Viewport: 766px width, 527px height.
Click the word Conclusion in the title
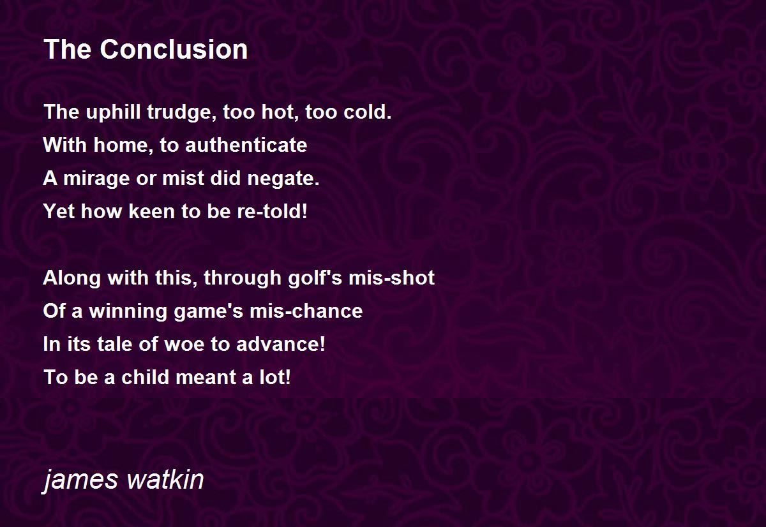coord(174,49)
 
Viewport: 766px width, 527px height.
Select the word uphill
coord(113,112)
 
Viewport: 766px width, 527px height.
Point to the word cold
coord(367,112)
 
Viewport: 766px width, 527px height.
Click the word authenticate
coord(246,145)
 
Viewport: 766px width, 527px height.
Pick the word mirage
coord(96,179)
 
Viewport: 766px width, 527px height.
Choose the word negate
coord(283,179)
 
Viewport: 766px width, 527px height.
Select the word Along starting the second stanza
coord(71,278)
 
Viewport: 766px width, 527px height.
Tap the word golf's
coord(315,278)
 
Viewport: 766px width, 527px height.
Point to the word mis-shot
coord(391,277)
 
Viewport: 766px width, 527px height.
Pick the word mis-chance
coord(306,311)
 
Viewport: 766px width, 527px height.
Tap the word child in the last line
coord(145,377)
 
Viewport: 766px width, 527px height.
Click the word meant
coord(206,378)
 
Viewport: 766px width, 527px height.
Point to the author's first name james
coord(80,480)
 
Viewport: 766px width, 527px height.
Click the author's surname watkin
coord(165,479)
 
